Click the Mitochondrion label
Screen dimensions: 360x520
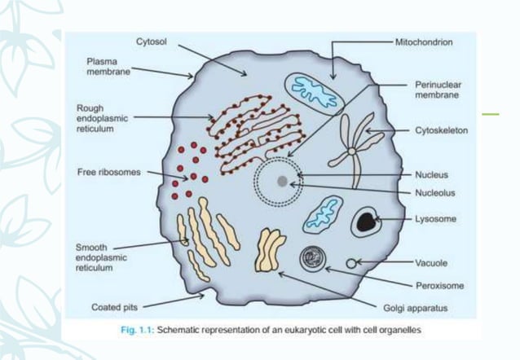[x=424, y=40]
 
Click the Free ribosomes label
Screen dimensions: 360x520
[x=108, y=173]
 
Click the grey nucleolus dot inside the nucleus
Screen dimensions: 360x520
[x=281, y=181]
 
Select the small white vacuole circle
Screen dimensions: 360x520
[x=351, y=263]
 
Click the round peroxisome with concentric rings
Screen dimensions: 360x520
[x=312, y=259]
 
